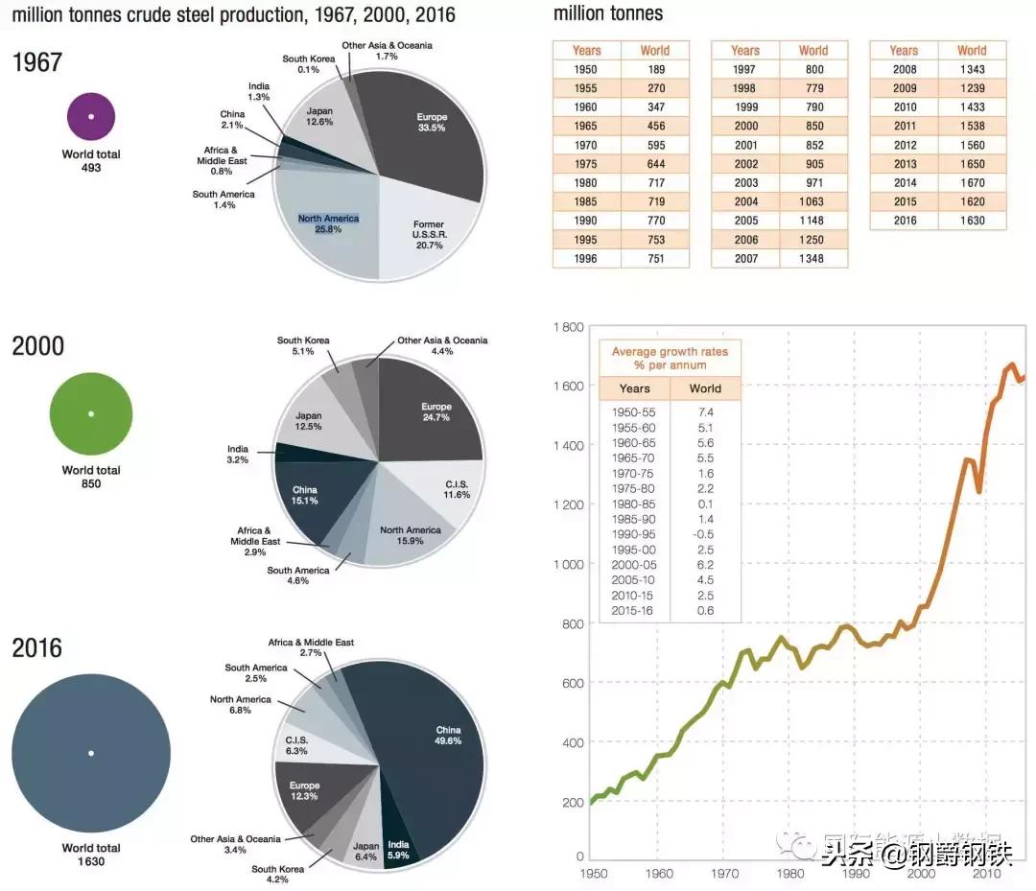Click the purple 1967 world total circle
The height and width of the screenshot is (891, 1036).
pyautogui.click(x=91, y=116)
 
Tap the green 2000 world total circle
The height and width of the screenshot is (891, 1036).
pyautogui.click(x=91, y=413)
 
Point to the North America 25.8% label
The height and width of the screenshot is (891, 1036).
pyautogui.click(x=328, y=224)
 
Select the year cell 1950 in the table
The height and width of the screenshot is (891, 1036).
pyautogui.click(x=585, y=69)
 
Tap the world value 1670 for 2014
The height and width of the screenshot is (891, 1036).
pyautogui.click(x=972, y=182)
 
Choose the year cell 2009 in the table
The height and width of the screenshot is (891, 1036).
pyautogui.click(x=904, y=88)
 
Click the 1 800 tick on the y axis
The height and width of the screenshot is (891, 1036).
pyautogui.click(x=569, y=327)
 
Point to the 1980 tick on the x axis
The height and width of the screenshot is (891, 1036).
pyautogui.click(x=790, y=874)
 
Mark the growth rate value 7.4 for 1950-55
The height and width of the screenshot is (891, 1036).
pyautogui.click(x=706, y=411)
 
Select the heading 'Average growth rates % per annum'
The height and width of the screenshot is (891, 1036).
pyautogui.click(x=670, y=358)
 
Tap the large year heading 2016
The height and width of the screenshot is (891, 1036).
pyautogui.click(x=37, y=648)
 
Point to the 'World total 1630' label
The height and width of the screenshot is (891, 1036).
pyautogui.click(x=91, y=855)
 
